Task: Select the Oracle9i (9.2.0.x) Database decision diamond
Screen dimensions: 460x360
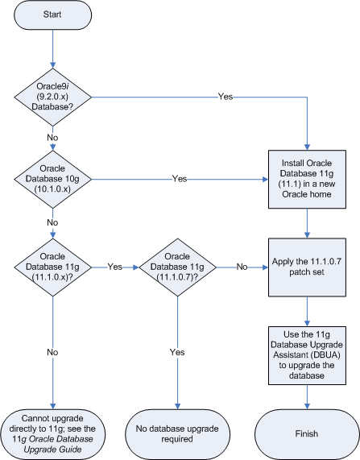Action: [x=52, y=97]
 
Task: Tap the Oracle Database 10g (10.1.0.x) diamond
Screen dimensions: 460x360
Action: [x=52, y=177]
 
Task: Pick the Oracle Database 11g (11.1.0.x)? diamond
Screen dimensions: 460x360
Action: [x=52, y=266]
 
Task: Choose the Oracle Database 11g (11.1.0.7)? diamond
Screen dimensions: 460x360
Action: [x=175, y=266]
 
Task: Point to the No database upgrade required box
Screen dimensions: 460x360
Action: [x=175, y=433]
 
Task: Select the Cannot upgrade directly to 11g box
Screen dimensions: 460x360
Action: [x=52, y=433]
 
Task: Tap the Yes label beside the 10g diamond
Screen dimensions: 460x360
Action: [x=180, y=177]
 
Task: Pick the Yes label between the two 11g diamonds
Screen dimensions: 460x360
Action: [x=115, y=266]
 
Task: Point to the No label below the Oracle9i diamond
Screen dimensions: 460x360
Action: [x=52, y=137]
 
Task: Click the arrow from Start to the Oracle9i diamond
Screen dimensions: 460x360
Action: [x=52, y=48]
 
